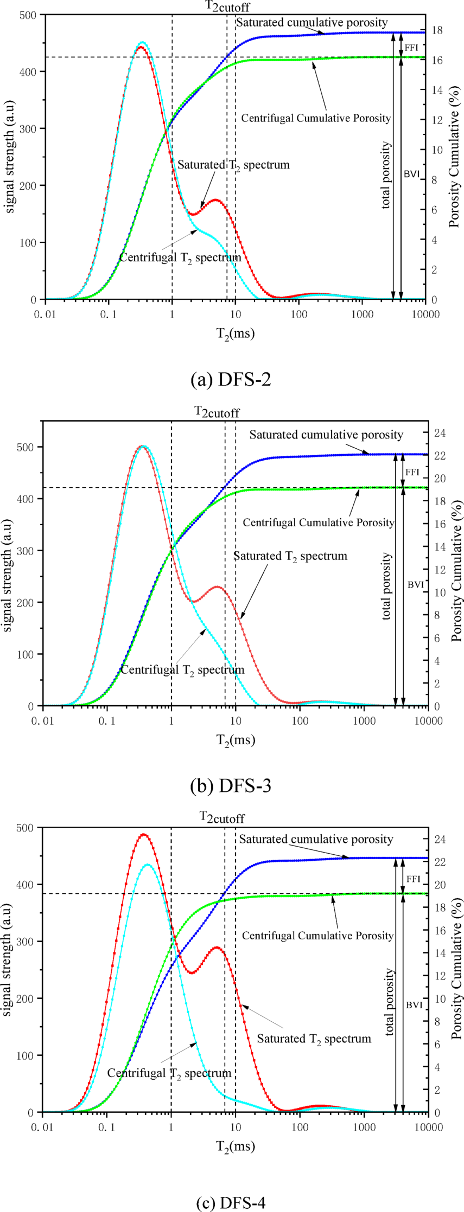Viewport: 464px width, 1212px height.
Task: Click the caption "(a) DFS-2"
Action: pyautogui.click(x=231, y=380)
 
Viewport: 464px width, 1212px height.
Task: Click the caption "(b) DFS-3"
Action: pyautogui.click(x=231, y=786)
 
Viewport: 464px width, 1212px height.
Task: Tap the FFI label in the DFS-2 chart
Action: pyautogui.click(x=411, y=48)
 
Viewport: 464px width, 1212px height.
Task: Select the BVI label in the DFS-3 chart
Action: pyautogui.click(x=416, y=585)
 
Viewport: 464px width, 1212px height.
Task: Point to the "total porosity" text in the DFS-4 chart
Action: pyautogui.click(x=389, y=1002)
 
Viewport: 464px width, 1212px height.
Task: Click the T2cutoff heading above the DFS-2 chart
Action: pyautogui.click(x=227, y=7)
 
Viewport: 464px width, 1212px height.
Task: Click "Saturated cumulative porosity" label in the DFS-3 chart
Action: pyautogui.click(x=326, y=435)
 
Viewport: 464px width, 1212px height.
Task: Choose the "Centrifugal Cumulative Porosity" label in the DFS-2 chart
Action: pyautogui.click(x=316, y=118)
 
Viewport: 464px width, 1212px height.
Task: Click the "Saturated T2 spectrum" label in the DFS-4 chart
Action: pyautogui.click(x=314, y=1039)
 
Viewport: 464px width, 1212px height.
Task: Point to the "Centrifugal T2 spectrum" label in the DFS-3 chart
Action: pyautogui.click(x=182, y=670)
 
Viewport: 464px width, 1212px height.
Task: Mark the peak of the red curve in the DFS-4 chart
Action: pyautogui.click(x=143, y=834)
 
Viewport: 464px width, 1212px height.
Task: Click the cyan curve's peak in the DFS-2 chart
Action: pyautogui.click(x=142, y=42)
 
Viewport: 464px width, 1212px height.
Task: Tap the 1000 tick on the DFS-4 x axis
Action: pyautogui.click(x=364, y=1127)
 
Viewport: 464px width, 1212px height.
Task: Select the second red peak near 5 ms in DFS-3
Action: pyautogui.click(x=217, y=586)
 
